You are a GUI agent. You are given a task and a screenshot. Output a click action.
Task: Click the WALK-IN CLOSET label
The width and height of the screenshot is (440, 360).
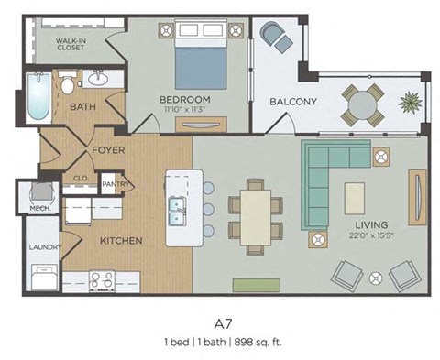pos(71,42)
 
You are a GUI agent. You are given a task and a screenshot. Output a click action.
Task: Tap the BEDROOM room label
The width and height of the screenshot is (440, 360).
pos(185,99)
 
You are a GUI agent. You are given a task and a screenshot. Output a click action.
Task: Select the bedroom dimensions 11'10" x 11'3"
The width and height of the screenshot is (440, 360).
pos(185,109)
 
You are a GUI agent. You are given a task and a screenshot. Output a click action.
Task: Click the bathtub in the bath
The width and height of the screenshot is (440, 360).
pos(37,98)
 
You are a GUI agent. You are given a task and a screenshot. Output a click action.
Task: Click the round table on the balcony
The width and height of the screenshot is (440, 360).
pos(364,102)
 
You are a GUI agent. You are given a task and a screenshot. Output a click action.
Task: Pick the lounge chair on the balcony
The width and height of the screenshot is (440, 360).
pos(276,38)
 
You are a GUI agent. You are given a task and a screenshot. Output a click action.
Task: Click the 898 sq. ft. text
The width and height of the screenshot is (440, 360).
pos(258,342)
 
